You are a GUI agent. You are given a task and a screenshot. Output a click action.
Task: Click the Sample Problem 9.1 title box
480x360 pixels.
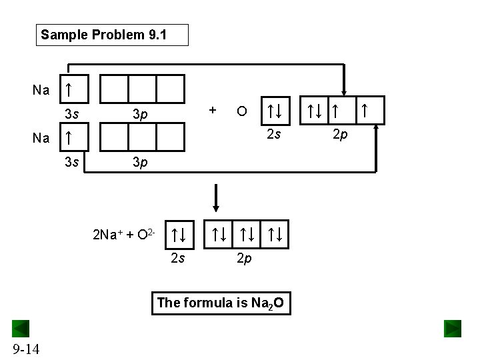[112, 35]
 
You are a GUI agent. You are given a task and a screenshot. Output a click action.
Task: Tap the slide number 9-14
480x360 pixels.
[25, 347]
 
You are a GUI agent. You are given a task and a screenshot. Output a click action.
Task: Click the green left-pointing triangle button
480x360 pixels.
[21, 329]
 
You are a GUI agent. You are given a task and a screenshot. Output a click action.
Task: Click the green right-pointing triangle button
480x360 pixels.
[453, 329]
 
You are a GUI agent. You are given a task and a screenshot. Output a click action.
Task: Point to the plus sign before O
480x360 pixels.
[212, 109]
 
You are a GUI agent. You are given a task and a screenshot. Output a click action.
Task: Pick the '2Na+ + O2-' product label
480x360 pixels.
[125, 234]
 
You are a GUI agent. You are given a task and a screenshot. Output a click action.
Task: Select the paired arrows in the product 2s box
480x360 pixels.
[178, 234]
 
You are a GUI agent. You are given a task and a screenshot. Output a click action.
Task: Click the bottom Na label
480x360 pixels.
[41, 138]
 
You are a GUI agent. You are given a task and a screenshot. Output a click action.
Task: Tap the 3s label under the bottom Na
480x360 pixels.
[72, 162]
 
